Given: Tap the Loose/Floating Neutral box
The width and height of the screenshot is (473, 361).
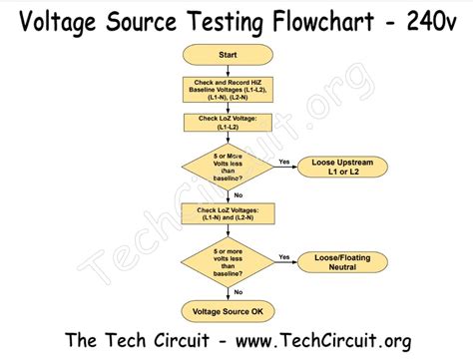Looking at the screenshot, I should (339, 261).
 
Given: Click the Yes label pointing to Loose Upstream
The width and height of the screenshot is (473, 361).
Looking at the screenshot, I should (283, 161).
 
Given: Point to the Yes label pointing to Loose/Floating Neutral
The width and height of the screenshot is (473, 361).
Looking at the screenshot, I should (283, 256).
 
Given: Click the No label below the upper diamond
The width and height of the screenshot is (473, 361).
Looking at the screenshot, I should (237, 195).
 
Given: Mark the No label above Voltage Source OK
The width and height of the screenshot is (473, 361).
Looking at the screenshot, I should (237, 291).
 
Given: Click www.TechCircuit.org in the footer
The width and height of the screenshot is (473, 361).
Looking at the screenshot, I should (319, 341).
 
